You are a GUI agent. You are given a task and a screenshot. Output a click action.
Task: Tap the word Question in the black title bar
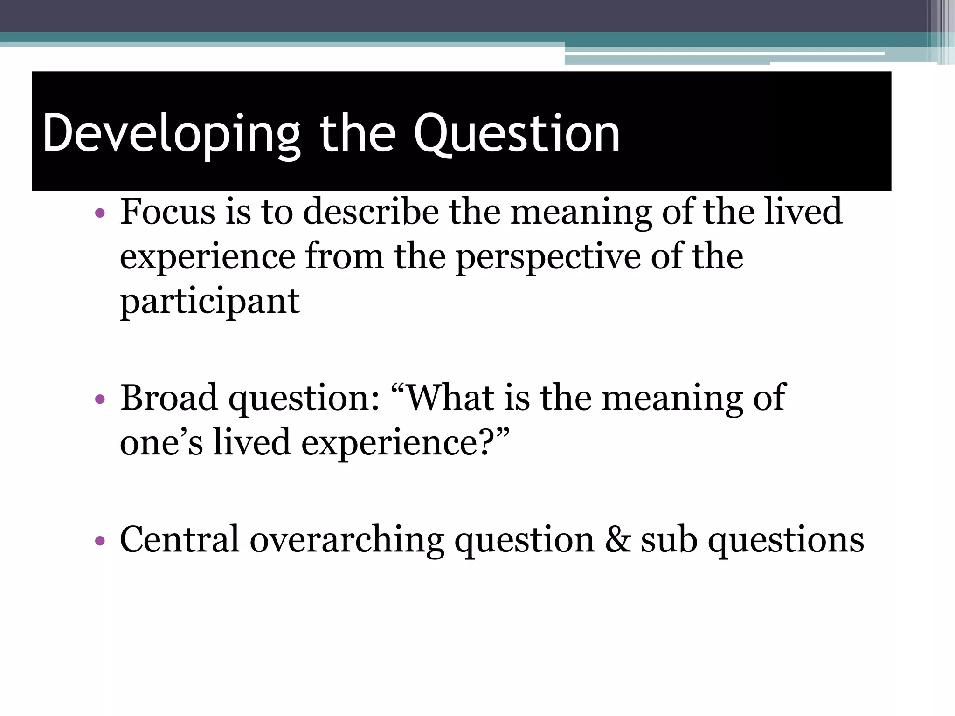pyautogui.click(x=517, y=134)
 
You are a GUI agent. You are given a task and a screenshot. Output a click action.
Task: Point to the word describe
pyautogui.click(x=371, y=212)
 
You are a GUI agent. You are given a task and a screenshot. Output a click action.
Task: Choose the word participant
pyautogui.click(x=209, y=302)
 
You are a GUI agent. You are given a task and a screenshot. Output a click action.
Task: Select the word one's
pyautogui.click(x=161, y=442)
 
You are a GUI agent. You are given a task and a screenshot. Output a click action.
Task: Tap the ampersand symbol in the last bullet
pyautogui.click(x=617, y=540)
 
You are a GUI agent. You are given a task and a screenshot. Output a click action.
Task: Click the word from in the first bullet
pyautogui.click(x=345, y=257)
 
